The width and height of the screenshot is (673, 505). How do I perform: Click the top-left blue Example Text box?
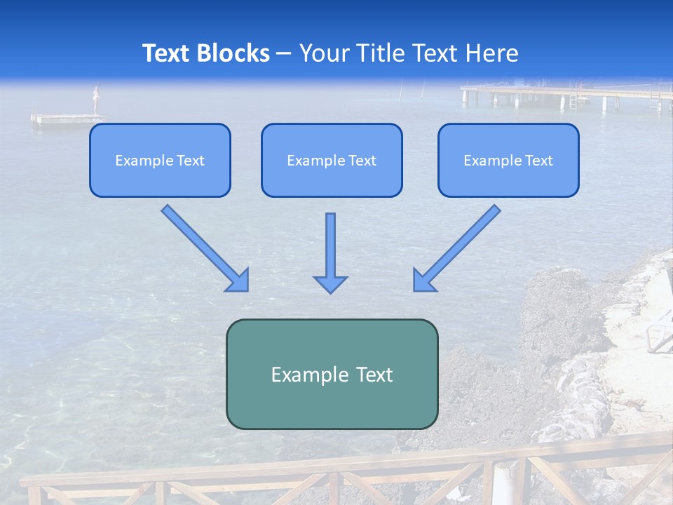(160, 161)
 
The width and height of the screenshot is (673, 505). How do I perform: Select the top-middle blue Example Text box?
(332, 161)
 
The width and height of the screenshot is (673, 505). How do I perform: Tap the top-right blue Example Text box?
(508, 161)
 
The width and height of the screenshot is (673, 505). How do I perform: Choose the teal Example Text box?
(332, 374)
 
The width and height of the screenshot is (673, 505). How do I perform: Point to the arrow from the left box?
(205, 248)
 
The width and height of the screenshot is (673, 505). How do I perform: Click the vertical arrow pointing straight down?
(330, 252)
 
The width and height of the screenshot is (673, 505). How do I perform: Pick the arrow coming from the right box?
(457, 248)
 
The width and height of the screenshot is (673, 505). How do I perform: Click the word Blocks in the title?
(233, 53)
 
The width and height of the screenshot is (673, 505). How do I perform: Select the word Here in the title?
(494, 53)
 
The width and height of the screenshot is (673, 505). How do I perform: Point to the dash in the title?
(284, 53)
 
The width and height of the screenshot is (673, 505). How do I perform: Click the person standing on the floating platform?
(97, 99)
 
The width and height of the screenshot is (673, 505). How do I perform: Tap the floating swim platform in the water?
(67, 119)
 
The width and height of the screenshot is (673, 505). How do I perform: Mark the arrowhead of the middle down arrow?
(330, 284)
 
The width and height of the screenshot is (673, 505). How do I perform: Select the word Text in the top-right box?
(539, 161)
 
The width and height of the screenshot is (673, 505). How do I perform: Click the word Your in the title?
(325, 53)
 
